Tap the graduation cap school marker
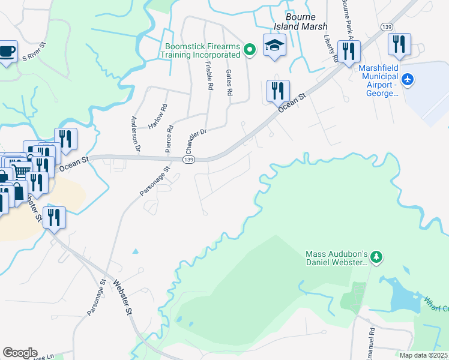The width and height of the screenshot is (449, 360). (274, 46)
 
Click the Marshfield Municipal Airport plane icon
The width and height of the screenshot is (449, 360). (409, 79)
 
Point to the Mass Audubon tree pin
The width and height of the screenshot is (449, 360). (376, 257)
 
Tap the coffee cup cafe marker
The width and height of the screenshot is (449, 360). (7, 52)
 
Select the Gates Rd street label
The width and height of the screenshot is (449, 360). (229, 83)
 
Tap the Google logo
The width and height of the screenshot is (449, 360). (20, 353)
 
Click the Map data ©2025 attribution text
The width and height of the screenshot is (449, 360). (424, 355)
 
